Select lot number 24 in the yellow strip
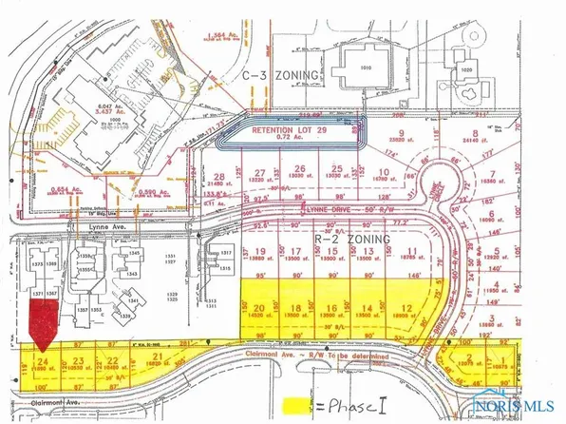tap(43, 362)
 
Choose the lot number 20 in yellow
tap(258, 308)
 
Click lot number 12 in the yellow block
tap(406, 307)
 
